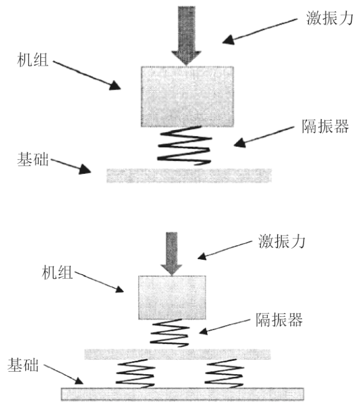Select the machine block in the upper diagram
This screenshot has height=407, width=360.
pyautogui.click(x=187, y=96)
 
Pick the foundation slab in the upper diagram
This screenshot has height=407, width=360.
pyautogui.click(x=189, y=176)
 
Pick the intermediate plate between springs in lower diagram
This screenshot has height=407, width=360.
pyautogui.click(x=177, y=353)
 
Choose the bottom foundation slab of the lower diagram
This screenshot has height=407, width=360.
pyautogui.click(x=182, y=394)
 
